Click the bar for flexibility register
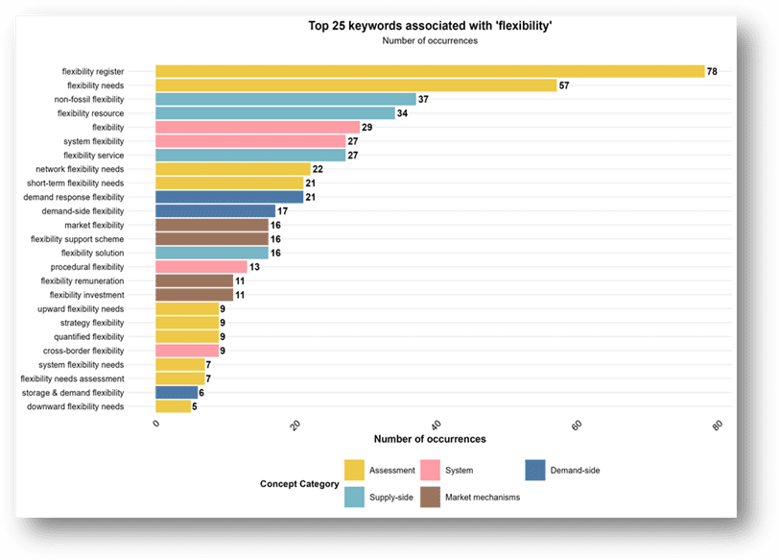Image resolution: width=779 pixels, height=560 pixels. point(430,71)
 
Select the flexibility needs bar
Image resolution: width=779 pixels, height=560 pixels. point(356,85)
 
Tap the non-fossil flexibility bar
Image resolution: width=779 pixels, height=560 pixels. point(286,99)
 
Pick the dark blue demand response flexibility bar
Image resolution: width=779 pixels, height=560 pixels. point(229,197)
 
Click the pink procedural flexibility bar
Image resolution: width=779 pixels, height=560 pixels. point(201,267)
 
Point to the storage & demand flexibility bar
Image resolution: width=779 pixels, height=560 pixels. point(177,393)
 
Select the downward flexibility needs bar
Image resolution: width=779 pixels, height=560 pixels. point(173,406)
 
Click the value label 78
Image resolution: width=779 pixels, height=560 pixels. point(712,72)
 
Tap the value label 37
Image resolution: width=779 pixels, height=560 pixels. point(423,100)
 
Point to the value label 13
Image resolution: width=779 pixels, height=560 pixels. point(254,267)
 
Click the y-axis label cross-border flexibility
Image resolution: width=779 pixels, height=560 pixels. point(83,352)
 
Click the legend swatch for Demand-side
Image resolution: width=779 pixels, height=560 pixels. point(535,470)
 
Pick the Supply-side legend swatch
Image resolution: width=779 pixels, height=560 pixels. point(354,498)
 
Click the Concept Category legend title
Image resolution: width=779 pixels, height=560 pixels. point(298,484)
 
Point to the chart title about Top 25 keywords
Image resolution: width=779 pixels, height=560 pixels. point(429,26)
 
